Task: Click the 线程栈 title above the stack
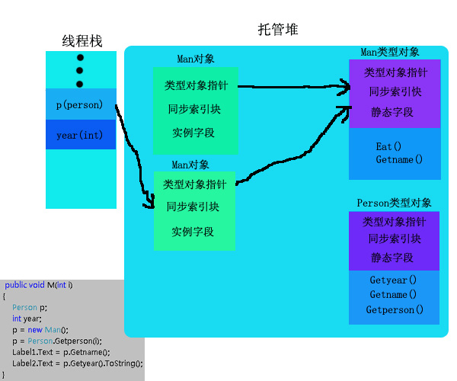(x=81, y=41)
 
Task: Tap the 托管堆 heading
(x=278, y=30)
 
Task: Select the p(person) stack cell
(x=79, y=104)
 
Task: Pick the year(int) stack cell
(x=79, y=135)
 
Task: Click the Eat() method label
(x=388, y=146)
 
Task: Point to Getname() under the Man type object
(x=398, y=160)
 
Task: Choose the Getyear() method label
(x=393, y=280)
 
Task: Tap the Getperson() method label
(x=395, y=309)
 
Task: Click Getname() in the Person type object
(x=393, y=295)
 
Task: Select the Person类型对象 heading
(x=394, y=203)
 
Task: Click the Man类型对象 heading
(x=389, y=52)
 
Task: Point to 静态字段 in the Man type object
(x=392, y=111)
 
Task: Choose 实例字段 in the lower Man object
(x=193, y=232)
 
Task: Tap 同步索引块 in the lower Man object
(x=193, y=207)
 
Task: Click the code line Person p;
(x=29, y=307)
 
